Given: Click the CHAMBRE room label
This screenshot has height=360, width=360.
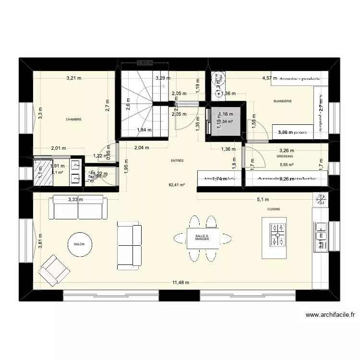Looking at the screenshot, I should (x=74, y=120).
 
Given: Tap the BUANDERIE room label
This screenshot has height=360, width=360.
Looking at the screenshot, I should (x=282, y=101).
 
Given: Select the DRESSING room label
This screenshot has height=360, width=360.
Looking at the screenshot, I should (x=285, y=156).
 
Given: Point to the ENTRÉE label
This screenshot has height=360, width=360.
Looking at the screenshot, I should (x=177, y=161).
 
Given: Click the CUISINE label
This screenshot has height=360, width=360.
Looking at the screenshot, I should (x=274, y=209).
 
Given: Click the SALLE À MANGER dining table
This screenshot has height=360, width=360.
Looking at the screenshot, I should (x=203, y=238).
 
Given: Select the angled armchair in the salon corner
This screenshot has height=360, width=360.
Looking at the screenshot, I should (x=54, y=269).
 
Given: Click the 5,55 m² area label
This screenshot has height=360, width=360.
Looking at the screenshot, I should (x=287, y=165).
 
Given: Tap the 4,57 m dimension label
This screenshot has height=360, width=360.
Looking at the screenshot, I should (x=269, y=78).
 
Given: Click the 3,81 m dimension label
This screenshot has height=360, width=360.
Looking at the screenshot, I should (x=40, y=242).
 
